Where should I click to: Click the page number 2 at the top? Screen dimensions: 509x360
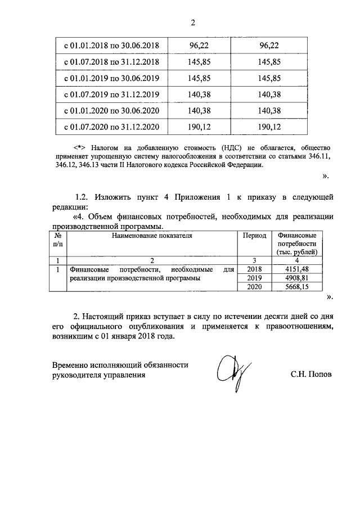click(x=193, y=23)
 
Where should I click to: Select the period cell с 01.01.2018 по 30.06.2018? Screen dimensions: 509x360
click(x=111, y=45)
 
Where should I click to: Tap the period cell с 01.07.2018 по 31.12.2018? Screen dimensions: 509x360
click(x=111, y=61)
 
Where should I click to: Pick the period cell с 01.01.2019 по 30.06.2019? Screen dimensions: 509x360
click(x=111, y=78)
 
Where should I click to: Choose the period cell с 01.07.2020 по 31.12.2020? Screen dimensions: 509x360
click(x=111, y=127)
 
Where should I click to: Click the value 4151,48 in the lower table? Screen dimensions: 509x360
click(x=297, y=269)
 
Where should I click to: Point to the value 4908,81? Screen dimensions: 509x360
click(x=297, y=278)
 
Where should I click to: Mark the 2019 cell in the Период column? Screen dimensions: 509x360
click(x=254, y=278)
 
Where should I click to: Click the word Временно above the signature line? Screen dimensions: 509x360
click(x=71, y=365)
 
